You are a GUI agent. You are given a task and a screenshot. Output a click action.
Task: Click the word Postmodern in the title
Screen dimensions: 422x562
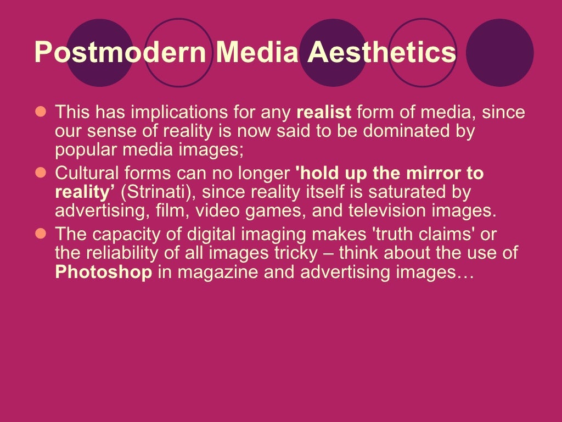120,53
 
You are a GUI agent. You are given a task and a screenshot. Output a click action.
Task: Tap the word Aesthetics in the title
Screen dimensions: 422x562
381,53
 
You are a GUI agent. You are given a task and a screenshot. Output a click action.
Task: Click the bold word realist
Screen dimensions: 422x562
324,113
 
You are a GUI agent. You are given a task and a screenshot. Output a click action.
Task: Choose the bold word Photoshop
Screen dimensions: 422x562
104,273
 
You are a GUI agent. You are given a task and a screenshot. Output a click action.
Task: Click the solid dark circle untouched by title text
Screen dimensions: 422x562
499,53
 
